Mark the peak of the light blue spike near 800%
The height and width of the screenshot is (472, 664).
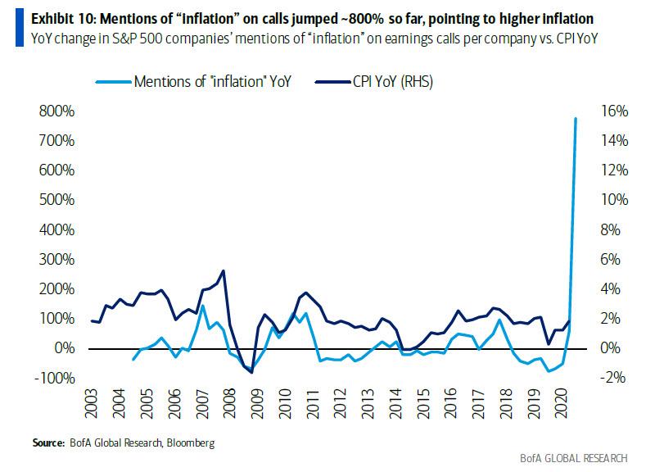(x=576, y=119)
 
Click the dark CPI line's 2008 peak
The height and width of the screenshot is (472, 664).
(x=224, y=271)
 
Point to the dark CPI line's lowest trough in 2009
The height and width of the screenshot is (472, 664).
(x=251, y=372)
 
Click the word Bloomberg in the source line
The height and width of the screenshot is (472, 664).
(x=192, y=443)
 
